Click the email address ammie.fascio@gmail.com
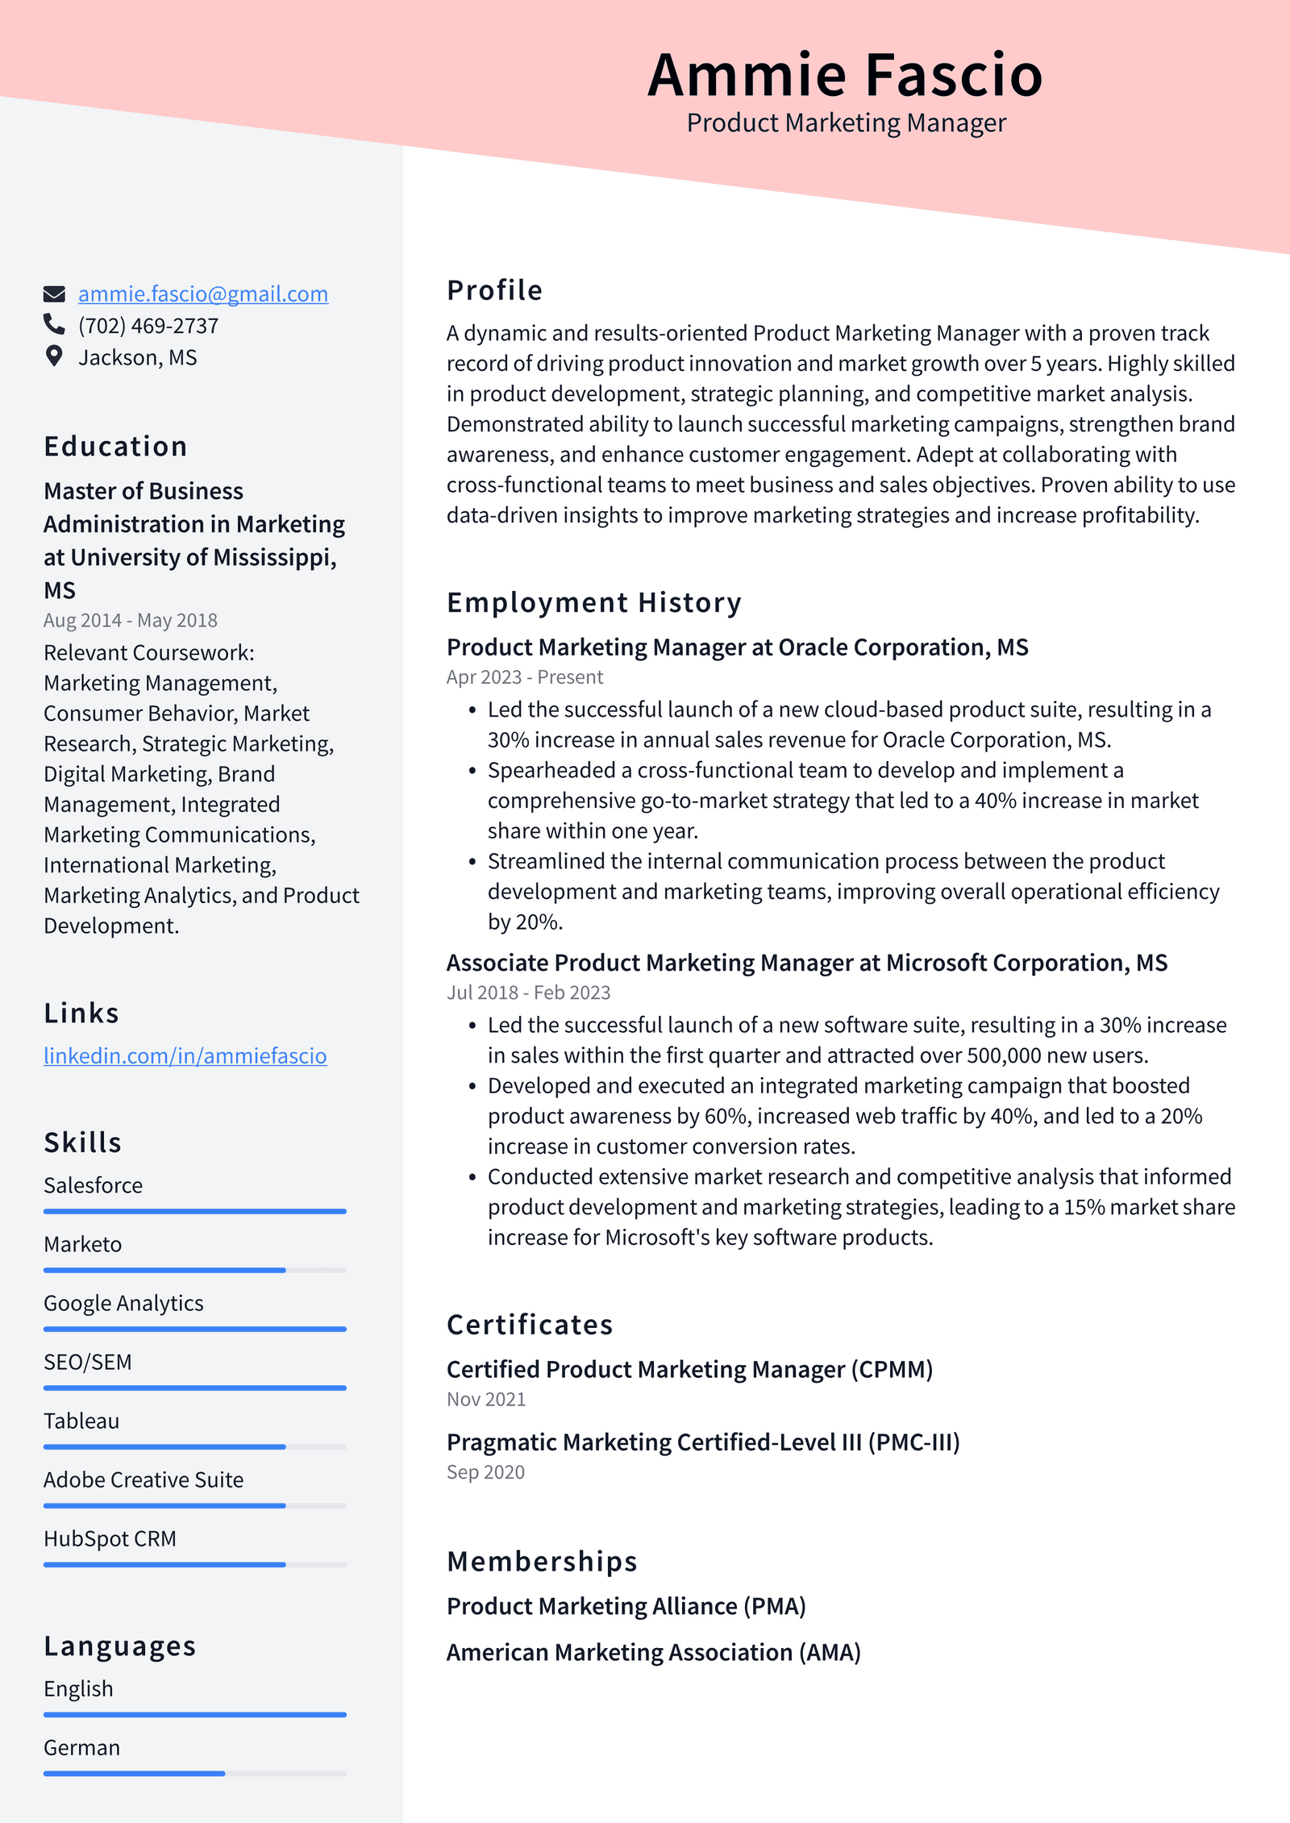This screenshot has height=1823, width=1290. pyautogui.click(x=202, y=294)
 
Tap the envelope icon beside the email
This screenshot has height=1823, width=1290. pyautogui.click(x=54, y=294)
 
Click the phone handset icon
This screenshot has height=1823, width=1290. pyautogui.click(x=54, y=325)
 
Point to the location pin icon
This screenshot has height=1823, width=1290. pyautogui.click(x=54, y=356)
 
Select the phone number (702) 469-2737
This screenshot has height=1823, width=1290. pyautogui.click(x=148, y=326)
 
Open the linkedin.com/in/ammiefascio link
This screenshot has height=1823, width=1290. pyautogui.click(x=185, y=1055)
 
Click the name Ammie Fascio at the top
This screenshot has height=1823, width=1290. pyautogui.click(x=845, y=75)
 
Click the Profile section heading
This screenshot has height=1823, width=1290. pyautogui.click(x=494, y=290)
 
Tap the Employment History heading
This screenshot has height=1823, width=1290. pyautogui.click(x=593, y=602)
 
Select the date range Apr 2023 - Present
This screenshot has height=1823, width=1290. pyautogui.click(x=524, y=677)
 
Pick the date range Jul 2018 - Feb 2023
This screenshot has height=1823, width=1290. pyautogui.click(x=528, y=993)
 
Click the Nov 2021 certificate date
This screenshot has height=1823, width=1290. pyautogui.click(x=486, y=1400)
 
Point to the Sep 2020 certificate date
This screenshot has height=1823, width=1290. pyautogui.click(x=485, y=1472)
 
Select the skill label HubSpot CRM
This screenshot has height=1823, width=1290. pyautogui.click(x=110, y=1538)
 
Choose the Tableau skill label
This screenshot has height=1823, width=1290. pyautogui.click(x=81, y=1421)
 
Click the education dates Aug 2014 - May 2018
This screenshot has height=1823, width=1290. pyautogui.click(x=131, y=620)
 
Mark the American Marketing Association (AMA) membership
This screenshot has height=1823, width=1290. pyautogui.click(x=653, y=1652)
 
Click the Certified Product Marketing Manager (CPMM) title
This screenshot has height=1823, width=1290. pyautogui.click(x=689, y=1369)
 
